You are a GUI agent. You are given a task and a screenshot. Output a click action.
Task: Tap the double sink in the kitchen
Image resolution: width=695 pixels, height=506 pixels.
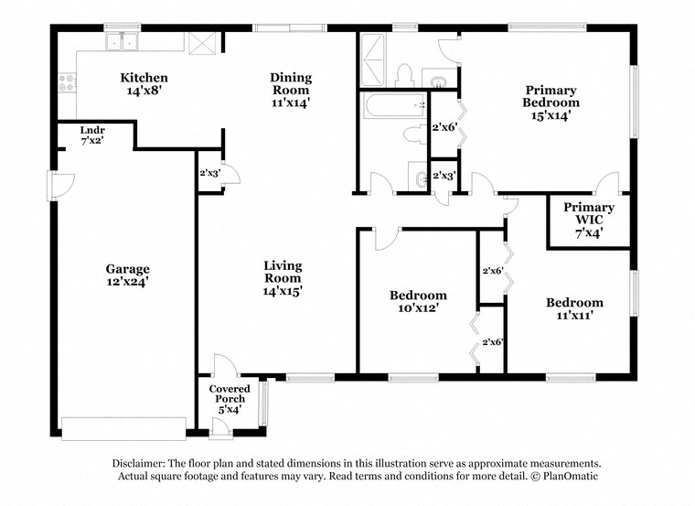121,41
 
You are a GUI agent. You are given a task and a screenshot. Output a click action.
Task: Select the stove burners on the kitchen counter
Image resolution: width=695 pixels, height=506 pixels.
67,84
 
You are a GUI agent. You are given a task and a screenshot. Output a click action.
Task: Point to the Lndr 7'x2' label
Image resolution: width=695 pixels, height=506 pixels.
92,135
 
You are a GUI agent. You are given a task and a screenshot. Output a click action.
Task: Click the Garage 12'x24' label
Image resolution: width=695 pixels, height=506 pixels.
127,275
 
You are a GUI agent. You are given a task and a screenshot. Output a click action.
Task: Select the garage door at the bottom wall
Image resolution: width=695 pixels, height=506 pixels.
123,428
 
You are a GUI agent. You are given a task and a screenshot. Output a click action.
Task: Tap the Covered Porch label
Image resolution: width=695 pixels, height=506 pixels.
230,399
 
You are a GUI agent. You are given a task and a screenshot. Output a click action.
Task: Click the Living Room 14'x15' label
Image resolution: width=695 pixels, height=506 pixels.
283,278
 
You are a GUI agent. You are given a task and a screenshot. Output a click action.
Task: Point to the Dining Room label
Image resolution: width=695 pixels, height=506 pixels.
290,90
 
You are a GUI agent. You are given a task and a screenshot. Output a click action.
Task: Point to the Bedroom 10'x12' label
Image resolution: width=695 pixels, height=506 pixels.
418,302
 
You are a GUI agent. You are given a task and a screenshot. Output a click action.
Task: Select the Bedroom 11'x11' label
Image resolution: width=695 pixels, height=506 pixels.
574,309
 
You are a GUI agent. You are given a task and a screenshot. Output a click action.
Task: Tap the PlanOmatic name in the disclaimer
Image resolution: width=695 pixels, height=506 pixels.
566,477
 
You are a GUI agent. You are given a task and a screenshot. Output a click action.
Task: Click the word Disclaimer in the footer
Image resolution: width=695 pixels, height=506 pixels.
142,464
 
